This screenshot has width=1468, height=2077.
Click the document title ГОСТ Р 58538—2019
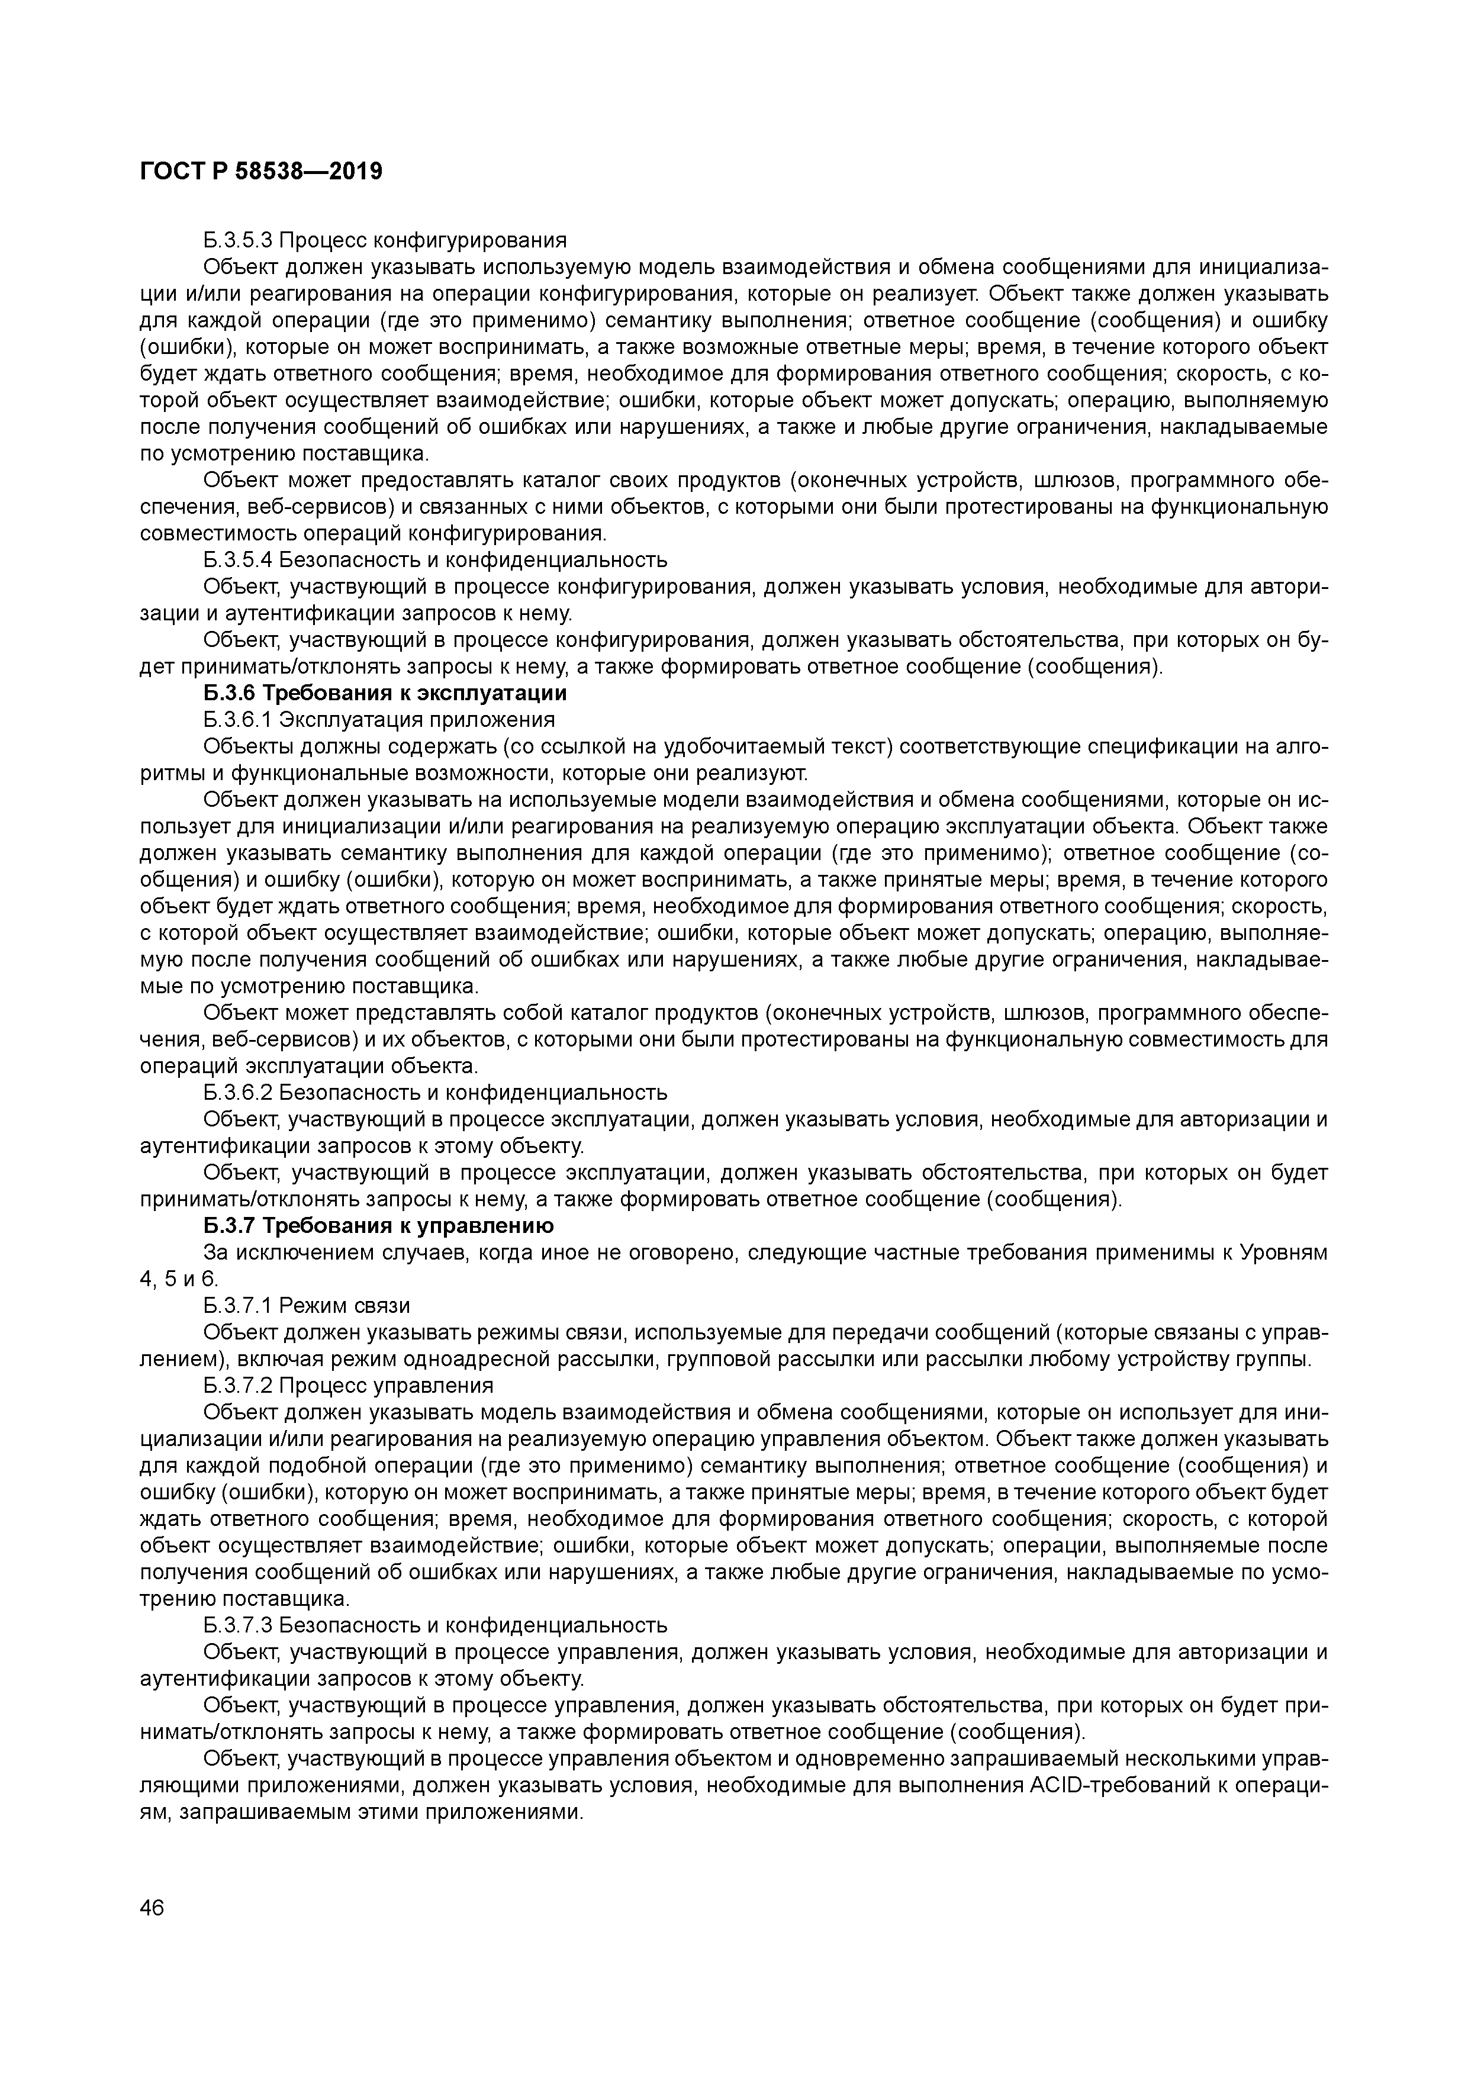click(262, 171)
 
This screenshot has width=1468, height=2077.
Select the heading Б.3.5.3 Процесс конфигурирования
click(384, 240)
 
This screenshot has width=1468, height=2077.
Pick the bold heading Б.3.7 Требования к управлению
click(378, 1226)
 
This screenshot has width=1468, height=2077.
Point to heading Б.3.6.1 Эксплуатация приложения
click(378, 719)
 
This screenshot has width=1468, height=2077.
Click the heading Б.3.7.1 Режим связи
click(307, 1305)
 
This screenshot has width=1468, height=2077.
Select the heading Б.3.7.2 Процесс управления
click(348, 1385)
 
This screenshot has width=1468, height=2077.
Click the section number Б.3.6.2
click(238, 1093)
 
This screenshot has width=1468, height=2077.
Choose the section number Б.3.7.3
click(238, 1625)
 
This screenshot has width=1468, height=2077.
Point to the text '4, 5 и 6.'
click(179, 1279)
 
